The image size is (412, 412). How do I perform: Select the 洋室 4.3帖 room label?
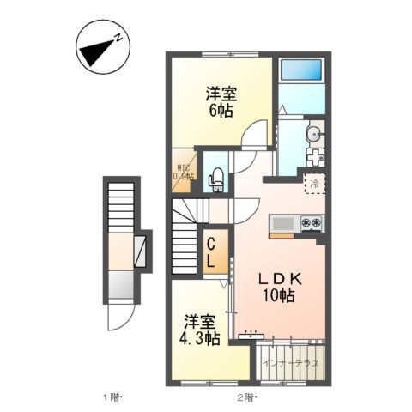201,330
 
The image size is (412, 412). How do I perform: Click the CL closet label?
210,253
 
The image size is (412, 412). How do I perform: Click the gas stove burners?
311,225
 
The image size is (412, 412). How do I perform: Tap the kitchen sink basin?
282,225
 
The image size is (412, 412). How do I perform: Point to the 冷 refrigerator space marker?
314,183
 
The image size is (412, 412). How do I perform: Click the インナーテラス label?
292,364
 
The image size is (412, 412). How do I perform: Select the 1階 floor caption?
114,397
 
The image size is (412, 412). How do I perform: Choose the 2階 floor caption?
246,397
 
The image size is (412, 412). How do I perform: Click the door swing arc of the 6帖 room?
254,136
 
